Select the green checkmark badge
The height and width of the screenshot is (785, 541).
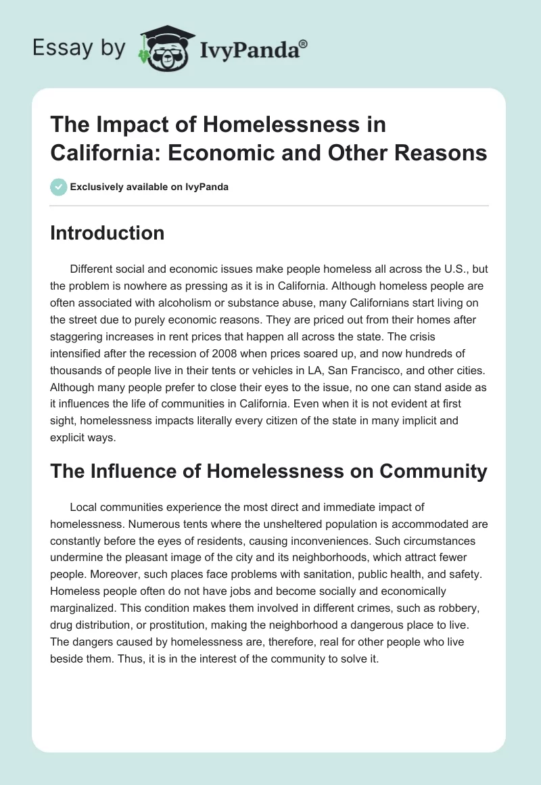(59, 187)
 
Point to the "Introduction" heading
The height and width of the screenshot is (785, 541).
(108, 233)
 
